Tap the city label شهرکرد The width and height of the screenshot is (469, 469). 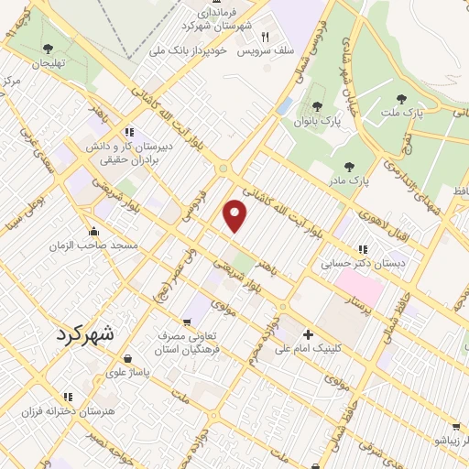92,334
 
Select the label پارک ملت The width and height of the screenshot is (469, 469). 427,113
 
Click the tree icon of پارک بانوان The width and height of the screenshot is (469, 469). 317,106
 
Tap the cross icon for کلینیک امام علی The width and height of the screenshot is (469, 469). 308,334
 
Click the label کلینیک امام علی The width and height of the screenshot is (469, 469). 352,349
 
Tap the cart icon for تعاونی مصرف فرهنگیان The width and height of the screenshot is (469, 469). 187,322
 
